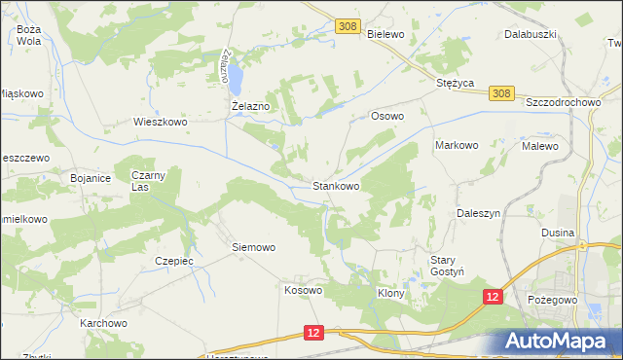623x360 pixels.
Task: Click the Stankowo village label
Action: click(336, 185)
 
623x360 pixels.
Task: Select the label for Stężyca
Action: click(455, 84)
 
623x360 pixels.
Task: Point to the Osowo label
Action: click(387, 116)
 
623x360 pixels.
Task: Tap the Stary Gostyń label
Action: click(451, 266)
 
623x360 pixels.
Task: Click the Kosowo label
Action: click(303, 290)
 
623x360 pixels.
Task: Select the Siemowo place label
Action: click(253, 247)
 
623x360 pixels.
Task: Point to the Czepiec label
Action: click(175, 261)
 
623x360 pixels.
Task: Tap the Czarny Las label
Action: click(150, 180)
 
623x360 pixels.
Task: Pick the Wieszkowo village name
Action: click(160, 123)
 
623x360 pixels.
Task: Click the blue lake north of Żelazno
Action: click(234, 73)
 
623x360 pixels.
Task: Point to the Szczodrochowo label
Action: click(566, 102)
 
